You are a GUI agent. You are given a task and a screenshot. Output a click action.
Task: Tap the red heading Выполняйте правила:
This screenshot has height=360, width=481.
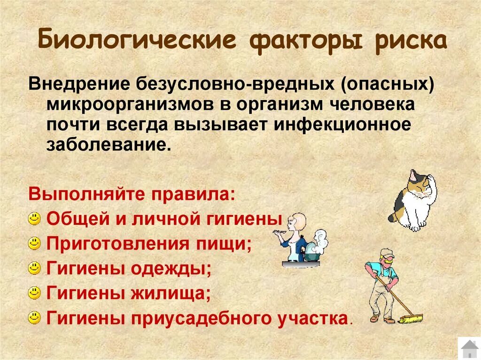(x=132, y=192)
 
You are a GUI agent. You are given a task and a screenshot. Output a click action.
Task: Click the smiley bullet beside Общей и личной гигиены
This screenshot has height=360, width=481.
(x=34, y=218)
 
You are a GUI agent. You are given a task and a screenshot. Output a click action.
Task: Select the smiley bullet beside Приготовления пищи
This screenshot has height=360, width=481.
(x=34, y=243)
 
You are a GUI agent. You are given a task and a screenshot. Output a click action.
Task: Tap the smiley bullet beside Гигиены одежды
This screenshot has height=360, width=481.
(x=34, y=268)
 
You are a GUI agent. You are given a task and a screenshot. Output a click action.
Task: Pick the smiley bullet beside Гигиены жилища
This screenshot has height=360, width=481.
(x=34, y=293)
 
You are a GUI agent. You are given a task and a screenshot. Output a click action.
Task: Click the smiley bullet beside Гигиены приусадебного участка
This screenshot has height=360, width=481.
(x=34, y=318)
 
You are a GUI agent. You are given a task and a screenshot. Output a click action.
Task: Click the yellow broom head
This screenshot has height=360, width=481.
(x=411, y=319)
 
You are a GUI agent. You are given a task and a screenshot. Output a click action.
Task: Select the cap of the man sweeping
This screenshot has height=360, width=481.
(x=386, y=253)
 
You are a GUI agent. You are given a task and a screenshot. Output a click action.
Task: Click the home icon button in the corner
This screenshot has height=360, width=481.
(x=469, y=348)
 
